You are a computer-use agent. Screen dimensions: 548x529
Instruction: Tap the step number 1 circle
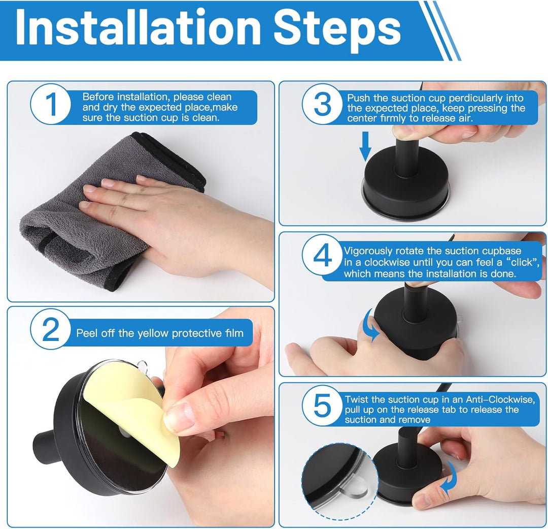[51, 104]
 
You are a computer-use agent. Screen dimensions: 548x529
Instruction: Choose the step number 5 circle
[322, 406]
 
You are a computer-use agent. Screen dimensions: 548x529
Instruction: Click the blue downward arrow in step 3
[365, 146]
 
